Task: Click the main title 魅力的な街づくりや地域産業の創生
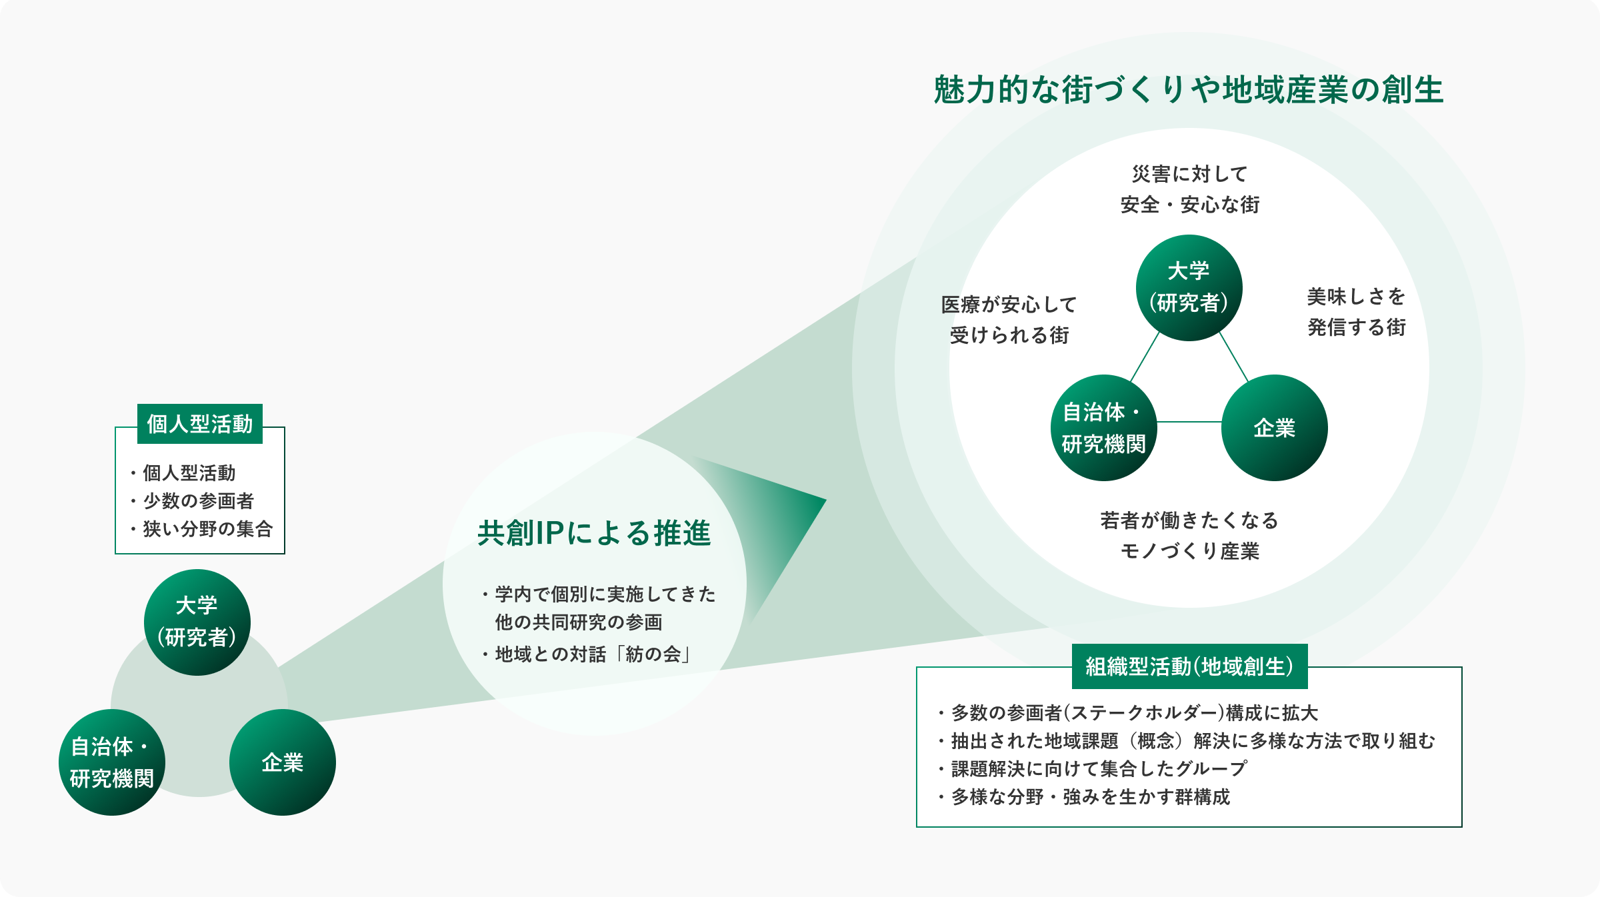pos(1189,90)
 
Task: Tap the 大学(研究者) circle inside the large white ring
pos(1189,288)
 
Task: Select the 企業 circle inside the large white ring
pos(1275,428)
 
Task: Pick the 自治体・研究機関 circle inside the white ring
pos(1104,428)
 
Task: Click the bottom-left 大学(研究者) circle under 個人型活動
pos(197,622)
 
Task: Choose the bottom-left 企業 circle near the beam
pos(283,762)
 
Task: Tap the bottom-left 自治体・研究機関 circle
pos(112,762)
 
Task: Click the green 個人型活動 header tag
pos(200,424)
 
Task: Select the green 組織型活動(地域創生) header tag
pos(1190,666)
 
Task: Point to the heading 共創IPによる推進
pos(595,533)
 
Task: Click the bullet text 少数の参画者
pos(199,500)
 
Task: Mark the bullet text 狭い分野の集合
pos(208,528)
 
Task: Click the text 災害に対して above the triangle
pos(1190,174)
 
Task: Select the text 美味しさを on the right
pos(1357,297)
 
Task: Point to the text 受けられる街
pos(1009,335)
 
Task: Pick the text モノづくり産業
pos(1190,551)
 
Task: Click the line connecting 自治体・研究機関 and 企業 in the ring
pos(1189,422)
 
